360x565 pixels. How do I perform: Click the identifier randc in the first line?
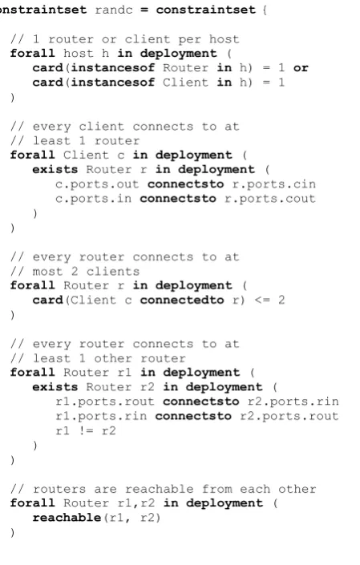tap(114, 10)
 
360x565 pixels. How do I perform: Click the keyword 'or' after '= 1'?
tap(301, 68)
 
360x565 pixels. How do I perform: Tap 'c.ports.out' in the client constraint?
tap(97, 184)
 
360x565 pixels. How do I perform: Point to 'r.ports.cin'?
tap(274, 184)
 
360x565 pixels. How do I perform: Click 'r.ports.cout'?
tap(270, 199)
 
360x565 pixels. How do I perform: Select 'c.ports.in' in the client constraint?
tap(93, 199)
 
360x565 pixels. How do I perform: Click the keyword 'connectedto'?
tap(182, 300)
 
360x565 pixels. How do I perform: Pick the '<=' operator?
tap(262, 300)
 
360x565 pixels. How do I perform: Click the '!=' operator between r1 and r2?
tap(86, 430)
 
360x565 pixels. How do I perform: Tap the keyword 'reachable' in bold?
tap(67, 518)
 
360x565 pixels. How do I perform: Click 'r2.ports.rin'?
tap(293, 402)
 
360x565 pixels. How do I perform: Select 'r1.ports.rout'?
tap(105, 402)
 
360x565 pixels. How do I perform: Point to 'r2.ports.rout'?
tap(289, 416)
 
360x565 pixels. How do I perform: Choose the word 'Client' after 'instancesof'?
tap(185, 83)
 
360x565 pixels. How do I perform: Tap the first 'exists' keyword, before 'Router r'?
tap(55, 169)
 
